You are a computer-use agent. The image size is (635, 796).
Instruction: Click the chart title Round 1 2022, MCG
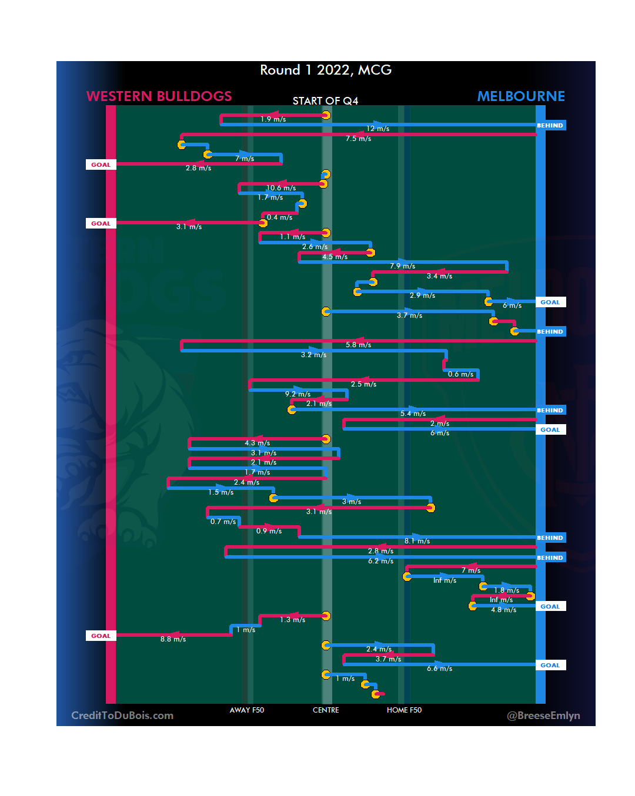326,70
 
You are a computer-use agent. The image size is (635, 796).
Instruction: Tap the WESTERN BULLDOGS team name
159,96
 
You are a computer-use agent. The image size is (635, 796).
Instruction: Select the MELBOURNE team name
521,96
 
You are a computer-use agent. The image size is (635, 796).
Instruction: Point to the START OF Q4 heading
325,101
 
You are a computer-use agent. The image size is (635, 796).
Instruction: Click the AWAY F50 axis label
247,710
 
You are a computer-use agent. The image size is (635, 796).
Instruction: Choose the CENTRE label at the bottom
326,710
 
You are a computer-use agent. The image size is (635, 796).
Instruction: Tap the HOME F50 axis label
404,710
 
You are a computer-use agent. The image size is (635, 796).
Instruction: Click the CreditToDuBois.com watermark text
122,716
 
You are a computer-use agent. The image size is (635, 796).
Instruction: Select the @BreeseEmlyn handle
543,716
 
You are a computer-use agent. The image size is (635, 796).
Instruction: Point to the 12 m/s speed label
377,129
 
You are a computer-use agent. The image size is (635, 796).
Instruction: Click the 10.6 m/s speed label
281,188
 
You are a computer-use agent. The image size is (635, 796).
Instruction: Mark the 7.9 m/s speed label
402,266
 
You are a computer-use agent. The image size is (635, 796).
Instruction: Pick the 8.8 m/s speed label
173,639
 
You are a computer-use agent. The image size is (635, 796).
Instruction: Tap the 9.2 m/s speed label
298,394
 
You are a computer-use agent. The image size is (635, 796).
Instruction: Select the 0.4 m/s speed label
279,217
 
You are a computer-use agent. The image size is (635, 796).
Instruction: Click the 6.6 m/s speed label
439,669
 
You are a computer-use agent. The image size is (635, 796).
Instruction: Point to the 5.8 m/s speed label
358,345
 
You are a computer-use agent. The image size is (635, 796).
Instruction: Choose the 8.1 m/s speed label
417,541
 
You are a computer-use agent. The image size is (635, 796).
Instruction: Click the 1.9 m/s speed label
273,119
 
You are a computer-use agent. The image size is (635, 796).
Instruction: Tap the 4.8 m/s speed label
503,610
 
